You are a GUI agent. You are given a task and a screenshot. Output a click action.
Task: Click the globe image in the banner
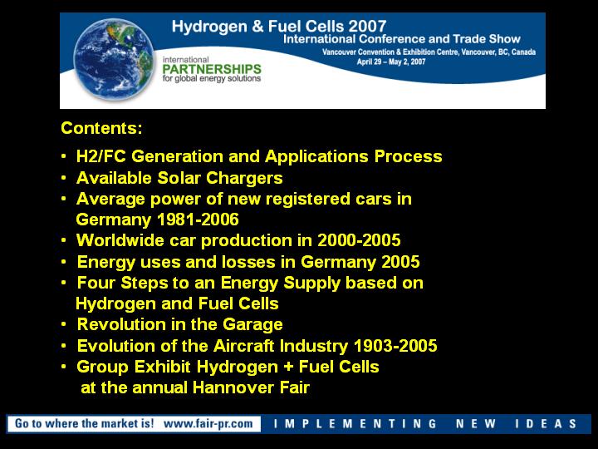pyautogui.click(x=114, y=60)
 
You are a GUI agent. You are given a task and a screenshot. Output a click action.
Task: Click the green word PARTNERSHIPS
pyautogui.click(x=212, y=69)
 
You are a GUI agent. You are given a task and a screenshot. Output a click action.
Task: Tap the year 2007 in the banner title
pyautogui.click(x=367, y=26)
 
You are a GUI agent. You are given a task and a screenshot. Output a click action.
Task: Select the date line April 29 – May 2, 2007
pyautogui.click(x=391, y=62)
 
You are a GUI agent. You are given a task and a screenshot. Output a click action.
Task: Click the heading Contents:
pyautogui.click(x=101, y=128)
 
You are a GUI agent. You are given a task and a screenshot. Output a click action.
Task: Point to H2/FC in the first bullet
pyautogui.click(x=101, y=156)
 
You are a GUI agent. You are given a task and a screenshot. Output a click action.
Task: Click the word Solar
pyautogui.click(x=179, y=178)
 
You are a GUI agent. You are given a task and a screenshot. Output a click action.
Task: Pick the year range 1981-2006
pyautogui.click(x=198, y=220)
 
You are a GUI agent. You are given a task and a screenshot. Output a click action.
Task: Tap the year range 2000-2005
pyautogui.click(x=359, y=240)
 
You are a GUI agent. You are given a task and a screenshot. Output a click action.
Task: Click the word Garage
pyautogui.click(x=252, y=325)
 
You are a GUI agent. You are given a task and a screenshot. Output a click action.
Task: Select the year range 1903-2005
pyautogui.click(x=395, y=346)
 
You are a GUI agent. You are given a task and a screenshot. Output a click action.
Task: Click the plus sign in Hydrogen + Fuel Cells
pyautogui.click(x=288, y=367)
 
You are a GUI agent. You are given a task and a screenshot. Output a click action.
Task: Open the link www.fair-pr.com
pyautogui.click(x=208, y=423)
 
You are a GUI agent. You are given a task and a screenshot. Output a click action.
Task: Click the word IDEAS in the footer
pyautogui.click(x=546, y=424)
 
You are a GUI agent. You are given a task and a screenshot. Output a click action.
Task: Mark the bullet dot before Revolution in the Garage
pyautogui.click(x=64, y=324)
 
